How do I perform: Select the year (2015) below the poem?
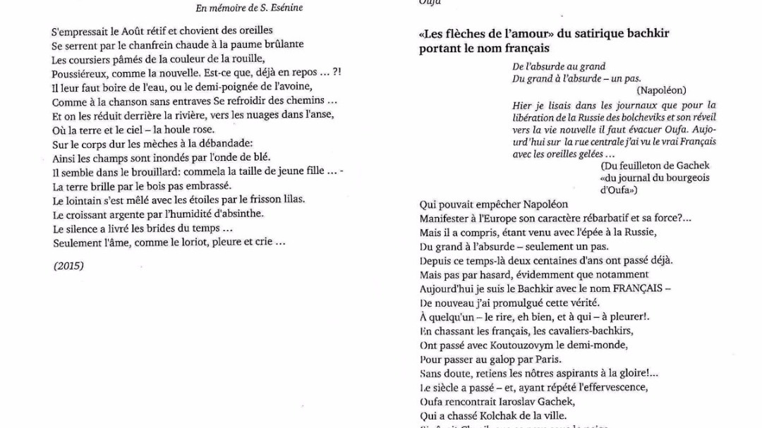(68, 266)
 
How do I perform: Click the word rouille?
(248, 58)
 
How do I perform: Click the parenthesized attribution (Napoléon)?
(661, 90)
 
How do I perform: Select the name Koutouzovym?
(521, 345)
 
